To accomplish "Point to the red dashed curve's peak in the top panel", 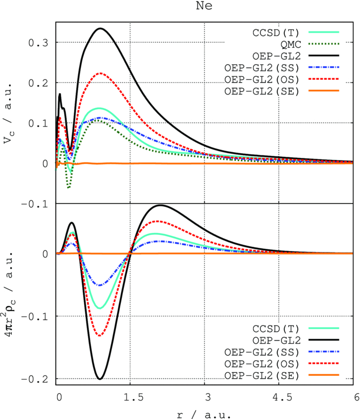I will pos(100,73).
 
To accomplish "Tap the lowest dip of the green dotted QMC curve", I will pos(68,188).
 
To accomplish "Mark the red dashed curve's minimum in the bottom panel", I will pos(100,336).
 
